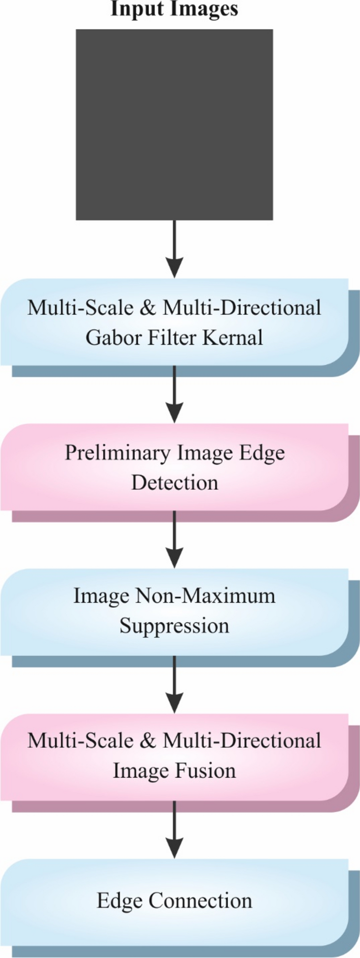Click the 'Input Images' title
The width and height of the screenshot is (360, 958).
[174, 9]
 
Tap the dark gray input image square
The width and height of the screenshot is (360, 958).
[174, 124]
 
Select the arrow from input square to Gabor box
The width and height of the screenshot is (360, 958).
[174, 249]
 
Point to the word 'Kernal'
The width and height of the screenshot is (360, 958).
[235, 338]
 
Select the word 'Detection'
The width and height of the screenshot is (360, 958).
[175, 482]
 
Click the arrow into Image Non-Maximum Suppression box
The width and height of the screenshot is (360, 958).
[174, 539]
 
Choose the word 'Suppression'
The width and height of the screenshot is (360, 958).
[175, 626]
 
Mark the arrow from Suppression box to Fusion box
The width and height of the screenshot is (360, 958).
[174, 684]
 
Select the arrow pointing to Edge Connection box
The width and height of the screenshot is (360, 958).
[174, 829]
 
